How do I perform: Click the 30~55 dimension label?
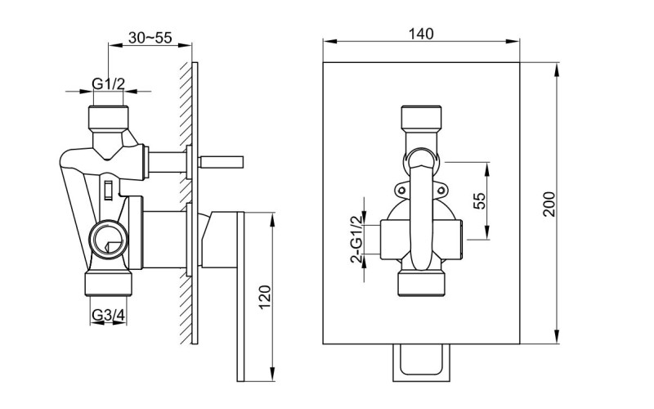(x=150, y=38)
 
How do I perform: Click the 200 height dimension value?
(x=550, y=203)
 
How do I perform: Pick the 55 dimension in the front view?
(x=481, y=201)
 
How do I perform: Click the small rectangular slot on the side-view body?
(x=107, y=191)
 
